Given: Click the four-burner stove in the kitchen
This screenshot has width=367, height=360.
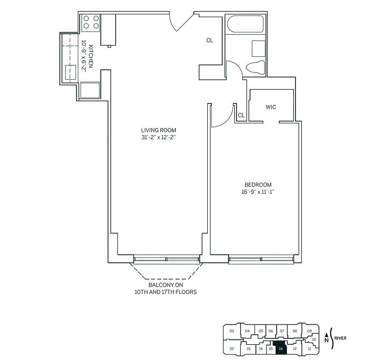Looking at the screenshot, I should pos(90,22).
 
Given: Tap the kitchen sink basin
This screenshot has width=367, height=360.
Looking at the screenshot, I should pos(71,72).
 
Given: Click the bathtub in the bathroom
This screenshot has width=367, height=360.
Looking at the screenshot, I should pos(246,24).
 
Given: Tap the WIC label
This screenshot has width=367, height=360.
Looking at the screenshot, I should pos(271,107).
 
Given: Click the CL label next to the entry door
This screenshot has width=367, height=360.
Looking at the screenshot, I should pos(210,40).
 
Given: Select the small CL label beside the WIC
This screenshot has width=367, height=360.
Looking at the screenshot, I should pos(241,116).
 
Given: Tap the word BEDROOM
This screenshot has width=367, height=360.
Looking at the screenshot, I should pos(258,185).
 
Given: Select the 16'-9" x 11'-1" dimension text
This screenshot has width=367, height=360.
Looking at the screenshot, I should pos(258,192).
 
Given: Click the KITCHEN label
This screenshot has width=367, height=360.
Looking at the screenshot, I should pos(91,56).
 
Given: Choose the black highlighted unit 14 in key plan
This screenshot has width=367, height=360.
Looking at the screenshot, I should pos(281,348).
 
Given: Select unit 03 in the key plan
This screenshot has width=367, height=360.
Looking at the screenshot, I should pos(232,331).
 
